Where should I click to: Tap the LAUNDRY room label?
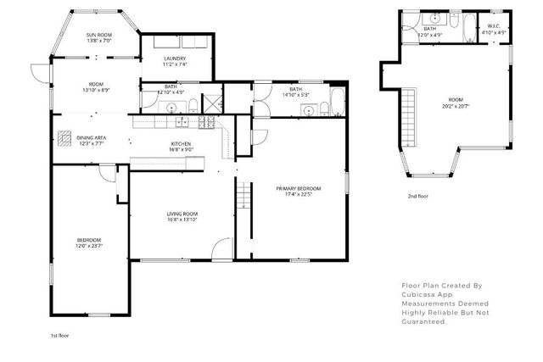pyautogui.click(x=175, y=58)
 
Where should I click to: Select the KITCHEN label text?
pyautogui.click(x=182, y=144)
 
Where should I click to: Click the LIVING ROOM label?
pyautogui.click(x=182, y=213)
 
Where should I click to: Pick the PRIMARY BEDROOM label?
pyautogui.click(x=294, y=189)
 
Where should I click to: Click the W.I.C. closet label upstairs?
pyautogui.click(x=492, y=28)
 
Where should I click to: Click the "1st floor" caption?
pyautogui.click(x=59, y=335)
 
